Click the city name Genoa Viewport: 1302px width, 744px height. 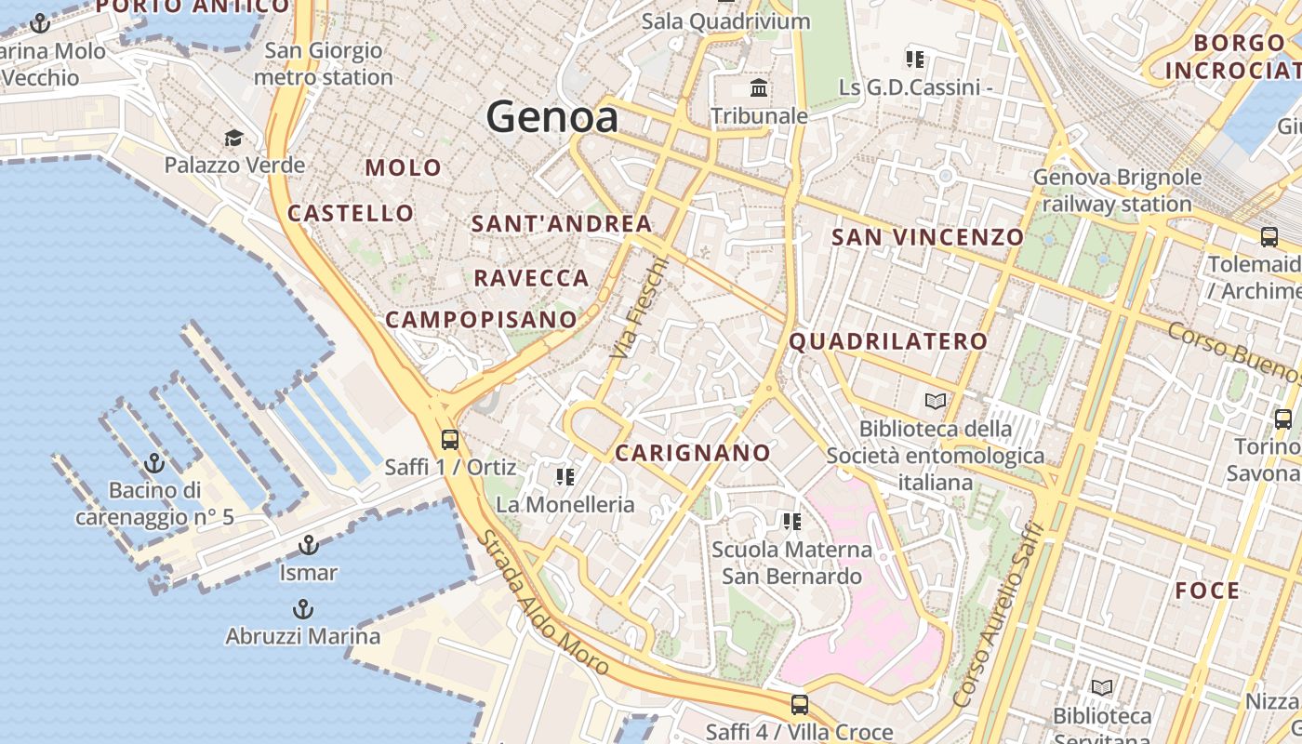tap(551, 118)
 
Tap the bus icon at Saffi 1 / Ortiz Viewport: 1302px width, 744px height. tap(450, 439)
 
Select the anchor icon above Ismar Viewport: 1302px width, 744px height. tap(308, 545)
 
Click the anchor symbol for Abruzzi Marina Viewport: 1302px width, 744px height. tap(302, 609)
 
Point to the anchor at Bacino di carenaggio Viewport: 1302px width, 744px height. tap(154, 462)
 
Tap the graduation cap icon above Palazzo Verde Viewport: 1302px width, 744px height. tap(233, 139)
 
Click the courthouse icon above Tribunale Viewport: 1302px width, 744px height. tap(759, 89)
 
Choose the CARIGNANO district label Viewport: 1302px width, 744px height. tap(693, 454)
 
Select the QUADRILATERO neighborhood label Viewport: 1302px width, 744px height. tap(888, 341)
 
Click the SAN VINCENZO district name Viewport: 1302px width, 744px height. tap(927, 237)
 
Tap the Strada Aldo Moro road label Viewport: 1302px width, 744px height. tap(543, 604)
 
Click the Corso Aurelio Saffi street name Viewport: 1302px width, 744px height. tap(1000, 614)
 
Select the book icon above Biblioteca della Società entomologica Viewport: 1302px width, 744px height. tap(936, 402)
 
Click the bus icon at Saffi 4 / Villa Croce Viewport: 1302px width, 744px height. tap(799, 705)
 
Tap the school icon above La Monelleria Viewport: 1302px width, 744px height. tap(565, 478)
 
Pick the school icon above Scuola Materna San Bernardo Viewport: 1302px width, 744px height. tap(791, 522)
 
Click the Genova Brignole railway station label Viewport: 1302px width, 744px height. tap(1117, 191)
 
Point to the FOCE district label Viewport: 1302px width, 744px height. tap(1207, 591)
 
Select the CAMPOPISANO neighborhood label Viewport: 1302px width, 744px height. tap(481, 320)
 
